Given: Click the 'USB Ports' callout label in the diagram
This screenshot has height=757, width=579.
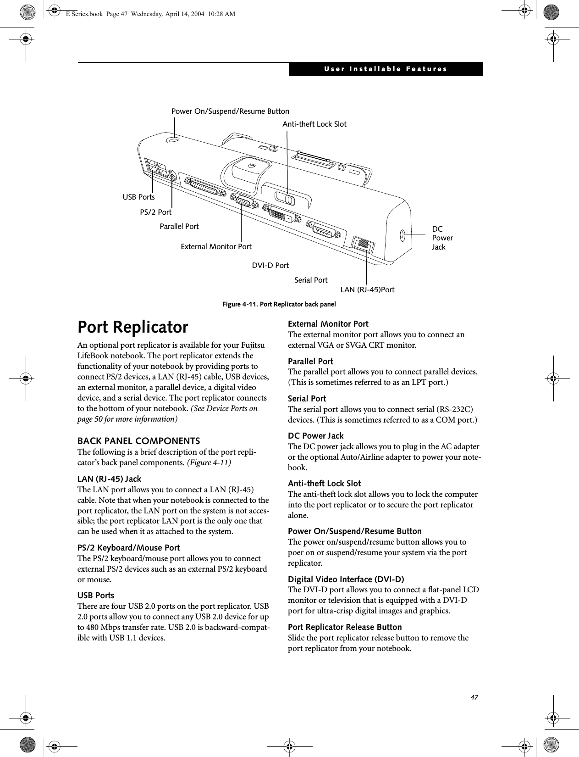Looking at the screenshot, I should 138,197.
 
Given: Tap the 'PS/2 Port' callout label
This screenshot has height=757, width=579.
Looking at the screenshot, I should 155,212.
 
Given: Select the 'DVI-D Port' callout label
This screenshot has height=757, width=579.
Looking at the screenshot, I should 270,265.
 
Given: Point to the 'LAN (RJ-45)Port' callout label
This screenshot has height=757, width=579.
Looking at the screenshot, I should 367,289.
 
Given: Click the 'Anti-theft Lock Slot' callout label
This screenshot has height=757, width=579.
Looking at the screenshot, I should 314,124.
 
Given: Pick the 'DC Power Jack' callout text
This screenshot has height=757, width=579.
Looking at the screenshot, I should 442,238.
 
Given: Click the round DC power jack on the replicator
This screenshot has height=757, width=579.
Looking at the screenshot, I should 402,235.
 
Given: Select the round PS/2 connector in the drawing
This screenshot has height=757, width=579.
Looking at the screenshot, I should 172,175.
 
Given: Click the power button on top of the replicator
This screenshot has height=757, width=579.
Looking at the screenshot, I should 173,140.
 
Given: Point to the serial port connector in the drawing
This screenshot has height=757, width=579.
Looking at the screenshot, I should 323,229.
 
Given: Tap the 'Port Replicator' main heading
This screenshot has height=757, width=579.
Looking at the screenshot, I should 133,327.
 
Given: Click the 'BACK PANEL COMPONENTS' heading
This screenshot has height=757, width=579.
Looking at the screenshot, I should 138,441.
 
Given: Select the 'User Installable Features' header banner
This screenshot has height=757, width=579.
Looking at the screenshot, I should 386,69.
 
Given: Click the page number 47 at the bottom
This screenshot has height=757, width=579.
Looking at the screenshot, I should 474,697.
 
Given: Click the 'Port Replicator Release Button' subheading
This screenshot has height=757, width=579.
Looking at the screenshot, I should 345,627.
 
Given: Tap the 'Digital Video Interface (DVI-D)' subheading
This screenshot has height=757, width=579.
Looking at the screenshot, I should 346,579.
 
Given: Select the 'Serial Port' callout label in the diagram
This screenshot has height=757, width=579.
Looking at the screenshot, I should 311,280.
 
